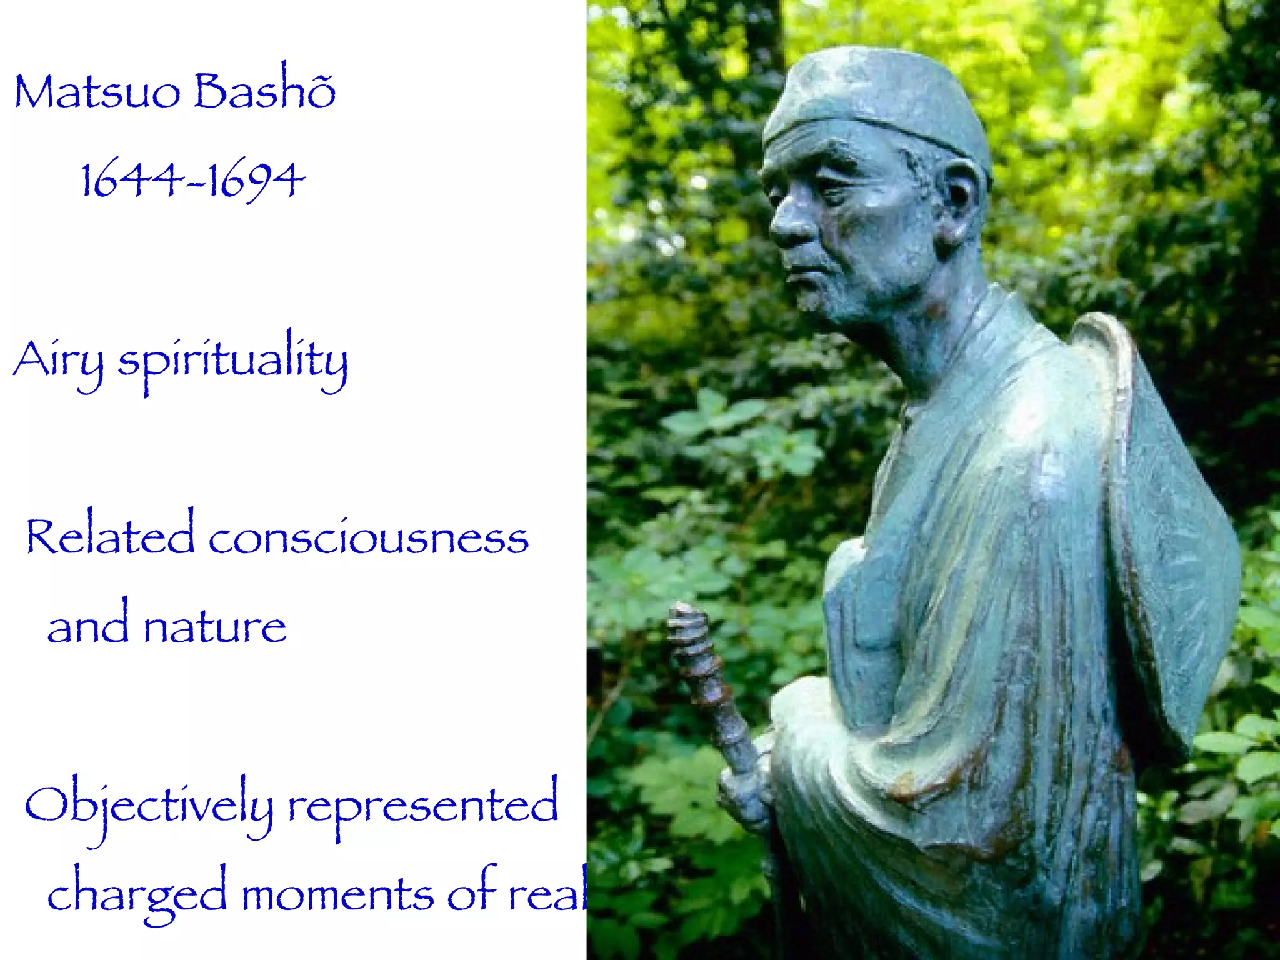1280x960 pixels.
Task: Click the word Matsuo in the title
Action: click(x=97, y=92)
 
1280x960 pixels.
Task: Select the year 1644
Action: click(x=131, y=180)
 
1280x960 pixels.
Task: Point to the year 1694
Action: click(x=256, y=180)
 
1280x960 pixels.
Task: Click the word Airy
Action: click(x=58, y=361)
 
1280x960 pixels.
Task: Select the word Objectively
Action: click(x=149, y=806)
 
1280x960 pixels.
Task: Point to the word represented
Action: click(x=422, y=806)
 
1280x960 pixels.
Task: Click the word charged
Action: click(x=137, y=895)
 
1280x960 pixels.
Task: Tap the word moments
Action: click(x=337, y=895)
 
